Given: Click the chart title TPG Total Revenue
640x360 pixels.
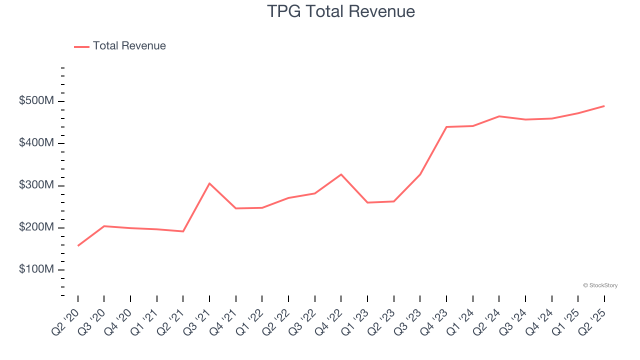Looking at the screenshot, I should (341, 11).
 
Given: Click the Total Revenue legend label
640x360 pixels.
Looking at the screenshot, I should (129, 46).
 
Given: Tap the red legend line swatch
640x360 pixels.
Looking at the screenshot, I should (81, 46).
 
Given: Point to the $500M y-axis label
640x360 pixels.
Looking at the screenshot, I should (36, 101).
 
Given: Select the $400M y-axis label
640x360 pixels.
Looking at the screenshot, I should (36, 143).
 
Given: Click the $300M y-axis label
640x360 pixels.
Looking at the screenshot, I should (36, 185).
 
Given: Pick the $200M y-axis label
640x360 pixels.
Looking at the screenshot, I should (36, 227).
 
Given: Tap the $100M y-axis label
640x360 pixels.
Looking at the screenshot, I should (36, 269).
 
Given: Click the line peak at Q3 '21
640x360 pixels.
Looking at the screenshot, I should (209, 183).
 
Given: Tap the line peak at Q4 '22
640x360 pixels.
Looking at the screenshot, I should (341, 174).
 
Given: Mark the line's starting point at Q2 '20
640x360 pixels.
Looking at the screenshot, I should (78, 245).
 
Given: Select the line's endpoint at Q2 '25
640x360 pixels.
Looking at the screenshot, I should (604, 106).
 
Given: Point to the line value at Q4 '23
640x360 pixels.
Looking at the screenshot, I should (446, 127).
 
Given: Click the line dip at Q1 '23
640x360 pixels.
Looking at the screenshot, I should (367, 202).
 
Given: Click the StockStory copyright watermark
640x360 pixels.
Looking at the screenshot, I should (600, 285).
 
